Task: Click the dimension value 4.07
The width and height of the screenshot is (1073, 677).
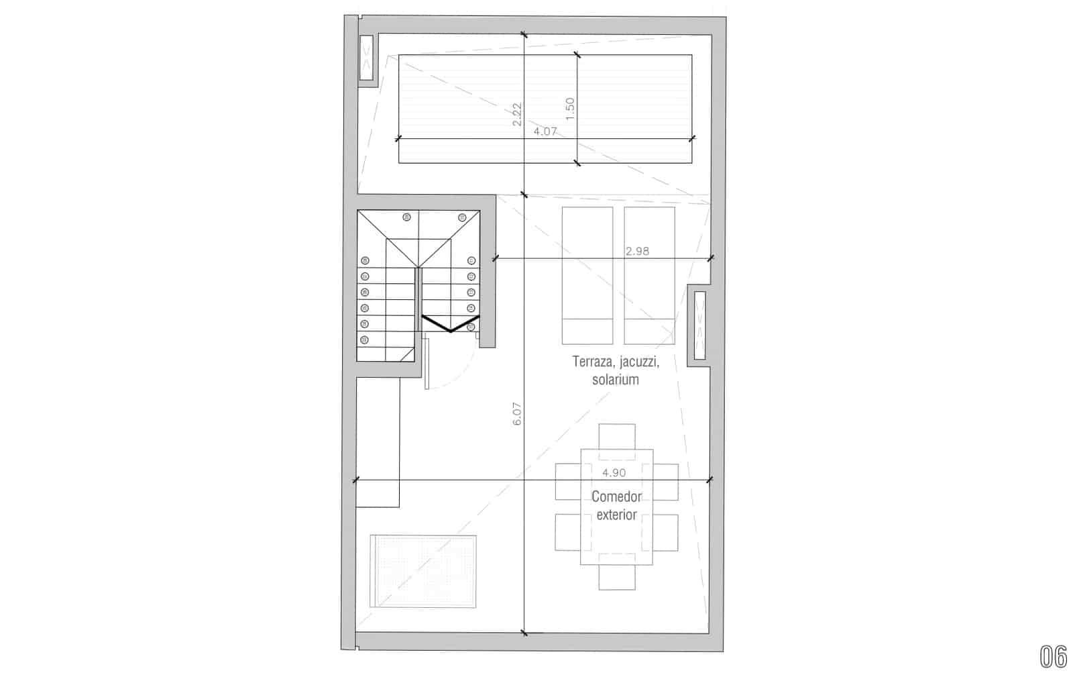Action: (545, 132)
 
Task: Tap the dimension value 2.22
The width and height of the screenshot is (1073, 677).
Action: (517, 114)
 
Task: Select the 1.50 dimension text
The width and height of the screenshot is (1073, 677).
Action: (570, 109)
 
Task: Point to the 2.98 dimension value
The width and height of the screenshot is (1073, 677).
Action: (637, 252)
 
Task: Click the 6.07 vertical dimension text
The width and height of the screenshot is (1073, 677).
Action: (516, 414)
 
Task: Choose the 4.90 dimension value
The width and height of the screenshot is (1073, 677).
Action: (614, 472)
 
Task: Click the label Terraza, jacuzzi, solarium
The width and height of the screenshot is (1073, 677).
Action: (616, 370)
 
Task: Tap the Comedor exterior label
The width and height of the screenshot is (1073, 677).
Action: (616, 506)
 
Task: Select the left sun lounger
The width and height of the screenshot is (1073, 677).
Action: (587, 274)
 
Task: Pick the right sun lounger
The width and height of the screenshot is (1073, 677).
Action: (649, 274)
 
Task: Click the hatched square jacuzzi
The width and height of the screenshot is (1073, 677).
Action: (423, 571)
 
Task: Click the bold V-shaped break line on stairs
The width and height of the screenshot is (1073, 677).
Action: (450, 325)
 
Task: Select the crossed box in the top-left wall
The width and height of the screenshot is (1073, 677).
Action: (367, 58)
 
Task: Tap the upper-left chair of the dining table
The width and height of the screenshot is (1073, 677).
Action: (567, 482)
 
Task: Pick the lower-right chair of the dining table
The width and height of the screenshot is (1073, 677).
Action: (665, 531)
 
